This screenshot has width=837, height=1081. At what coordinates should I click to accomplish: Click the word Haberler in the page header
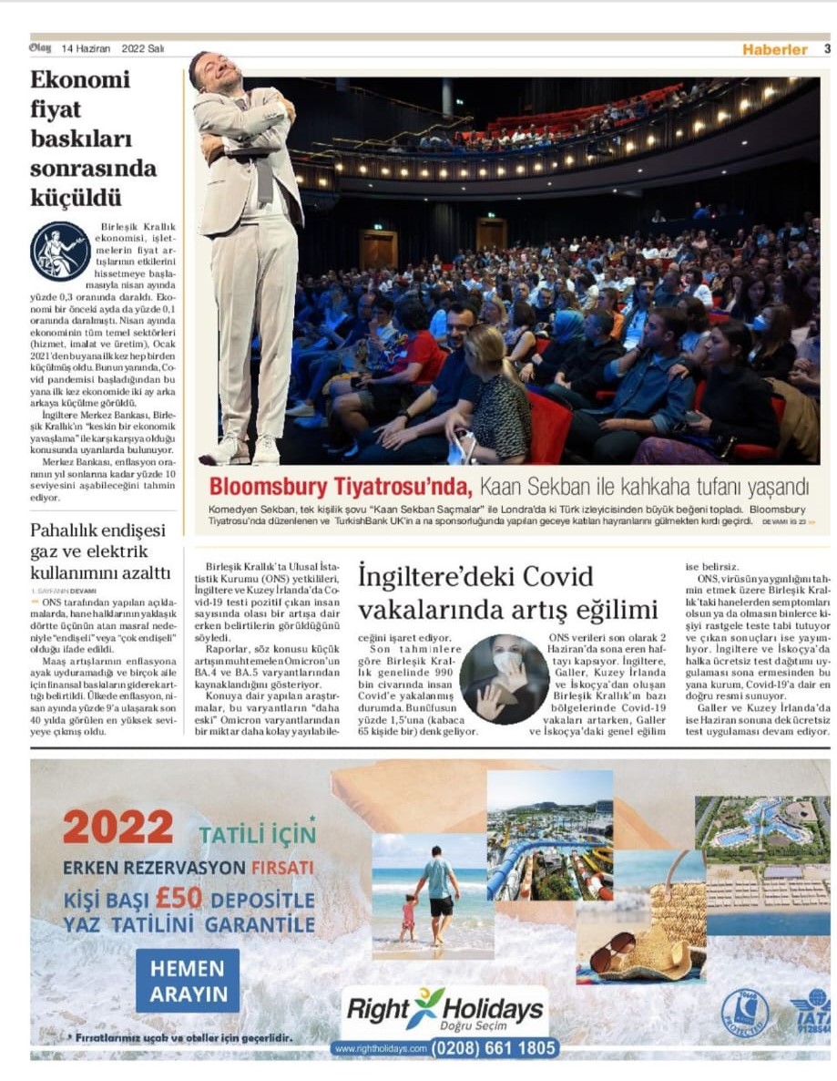pyautogui.click(x=774, y=49)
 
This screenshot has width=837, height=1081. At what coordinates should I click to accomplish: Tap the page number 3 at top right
pyautogui.click(x=827, y=49)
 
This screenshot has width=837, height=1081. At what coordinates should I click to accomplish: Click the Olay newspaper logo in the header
pyautogui.click(x=40, y=48)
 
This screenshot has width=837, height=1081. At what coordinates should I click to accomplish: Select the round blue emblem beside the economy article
pyautogui.click(x=60, y=251)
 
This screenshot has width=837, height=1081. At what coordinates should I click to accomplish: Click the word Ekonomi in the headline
pyautogui.click(x=80, y=79)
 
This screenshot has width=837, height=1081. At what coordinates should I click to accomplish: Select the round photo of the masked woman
pyautogui.click(x=504, y=679)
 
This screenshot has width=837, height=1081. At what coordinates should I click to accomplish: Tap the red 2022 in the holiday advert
pyautogui.click(x=117, y=828)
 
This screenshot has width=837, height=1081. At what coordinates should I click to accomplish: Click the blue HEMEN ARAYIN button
pyautogui.click(x=188, y=980)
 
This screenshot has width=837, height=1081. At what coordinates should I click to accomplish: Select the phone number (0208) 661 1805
pyautogui.click(x=493, y=1049)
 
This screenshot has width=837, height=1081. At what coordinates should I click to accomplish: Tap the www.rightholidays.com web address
pyautogui.click(x=381, y=1049)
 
